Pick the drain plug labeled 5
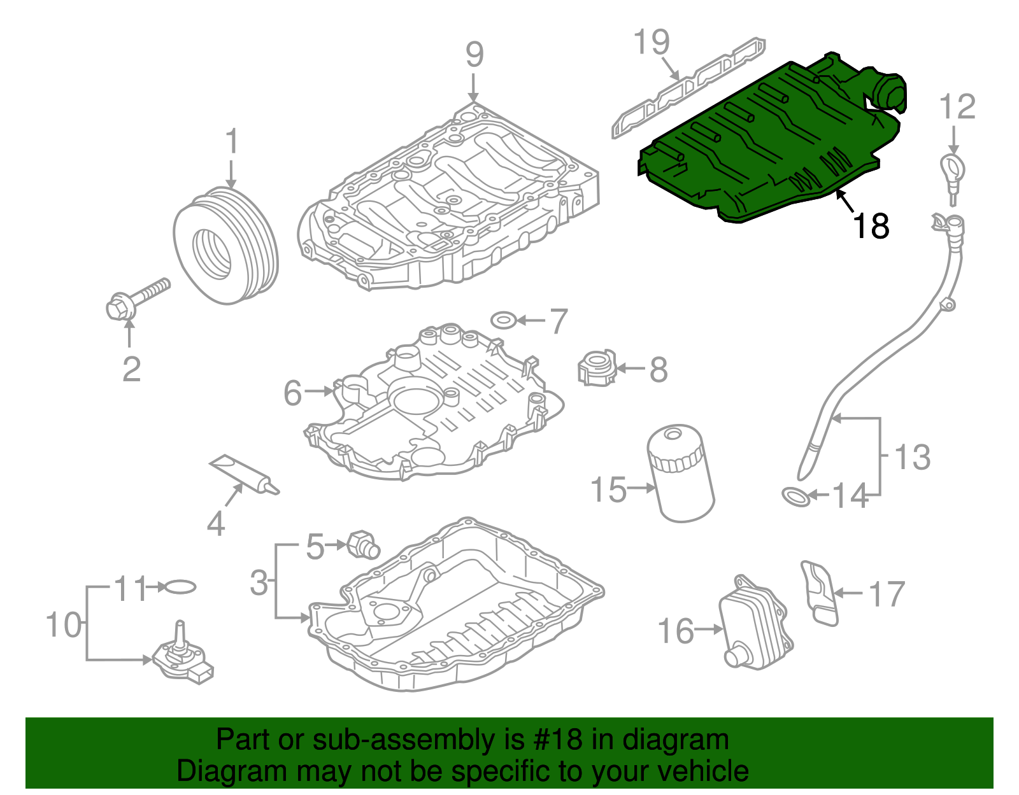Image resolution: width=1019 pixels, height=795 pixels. pos(362,544)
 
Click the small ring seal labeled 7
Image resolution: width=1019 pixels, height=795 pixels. pos(504,319)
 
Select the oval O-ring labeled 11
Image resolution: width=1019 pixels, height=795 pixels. pos(180,587)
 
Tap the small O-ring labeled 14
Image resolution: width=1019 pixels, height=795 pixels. pos(795,496)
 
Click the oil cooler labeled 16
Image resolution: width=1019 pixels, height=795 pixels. pos(755,624)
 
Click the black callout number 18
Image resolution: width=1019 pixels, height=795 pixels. pos(871,226)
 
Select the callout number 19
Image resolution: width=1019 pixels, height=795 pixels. pos(652,42)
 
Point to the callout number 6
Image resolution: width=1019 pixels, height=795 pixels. pos(292,393)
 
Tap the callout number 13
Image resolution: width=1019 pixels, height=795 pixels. pos(912,457)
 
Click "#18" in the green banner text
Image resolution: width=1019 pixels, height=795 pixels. pos(554,740)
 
